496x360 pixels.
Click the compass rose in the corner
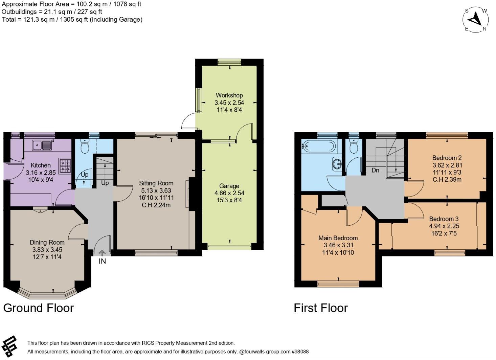(x=476, y=20)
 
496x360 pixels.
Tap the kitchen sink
(x=42, y=145)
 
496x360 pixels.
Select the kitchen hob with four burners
(x=65, y=166)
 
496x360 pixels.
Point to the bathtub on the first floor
(x=318, y=146)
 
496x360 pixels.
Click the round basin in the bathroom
(x=337, y=164)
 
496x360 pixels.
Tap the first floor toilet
(x=354, y=147)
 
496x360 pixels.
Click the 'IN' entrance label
(x=102, y=261)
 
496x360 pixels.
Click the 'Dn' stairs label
(x=375, y=171)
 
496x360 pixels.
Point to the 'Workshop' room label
(x=229, y=95)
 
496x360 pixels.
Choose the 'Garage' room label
(x=229, y=186)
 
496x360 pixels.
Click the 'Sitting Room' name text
(x=156, y=183)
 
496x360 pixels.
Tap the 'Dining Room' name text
(x=47, y=242)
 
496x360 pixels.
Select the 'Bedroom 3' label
(x=444, y=219)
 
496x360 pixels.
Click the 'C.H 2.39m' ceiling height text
(x=447, y=179)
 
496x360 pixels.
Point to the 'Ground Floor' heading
(x=39, y=308)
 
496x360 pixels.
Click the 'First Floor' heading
(x=320, y=308)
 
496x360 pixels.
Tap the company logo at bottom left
(x=9, y=346)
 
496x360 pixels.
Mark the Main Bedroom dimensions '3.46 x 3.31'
(x=338, y=245)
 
